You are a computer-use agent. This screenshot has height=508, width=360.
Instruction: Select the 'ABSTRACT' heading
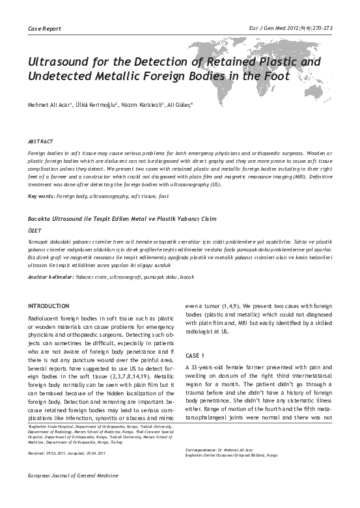pos(40,141)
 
